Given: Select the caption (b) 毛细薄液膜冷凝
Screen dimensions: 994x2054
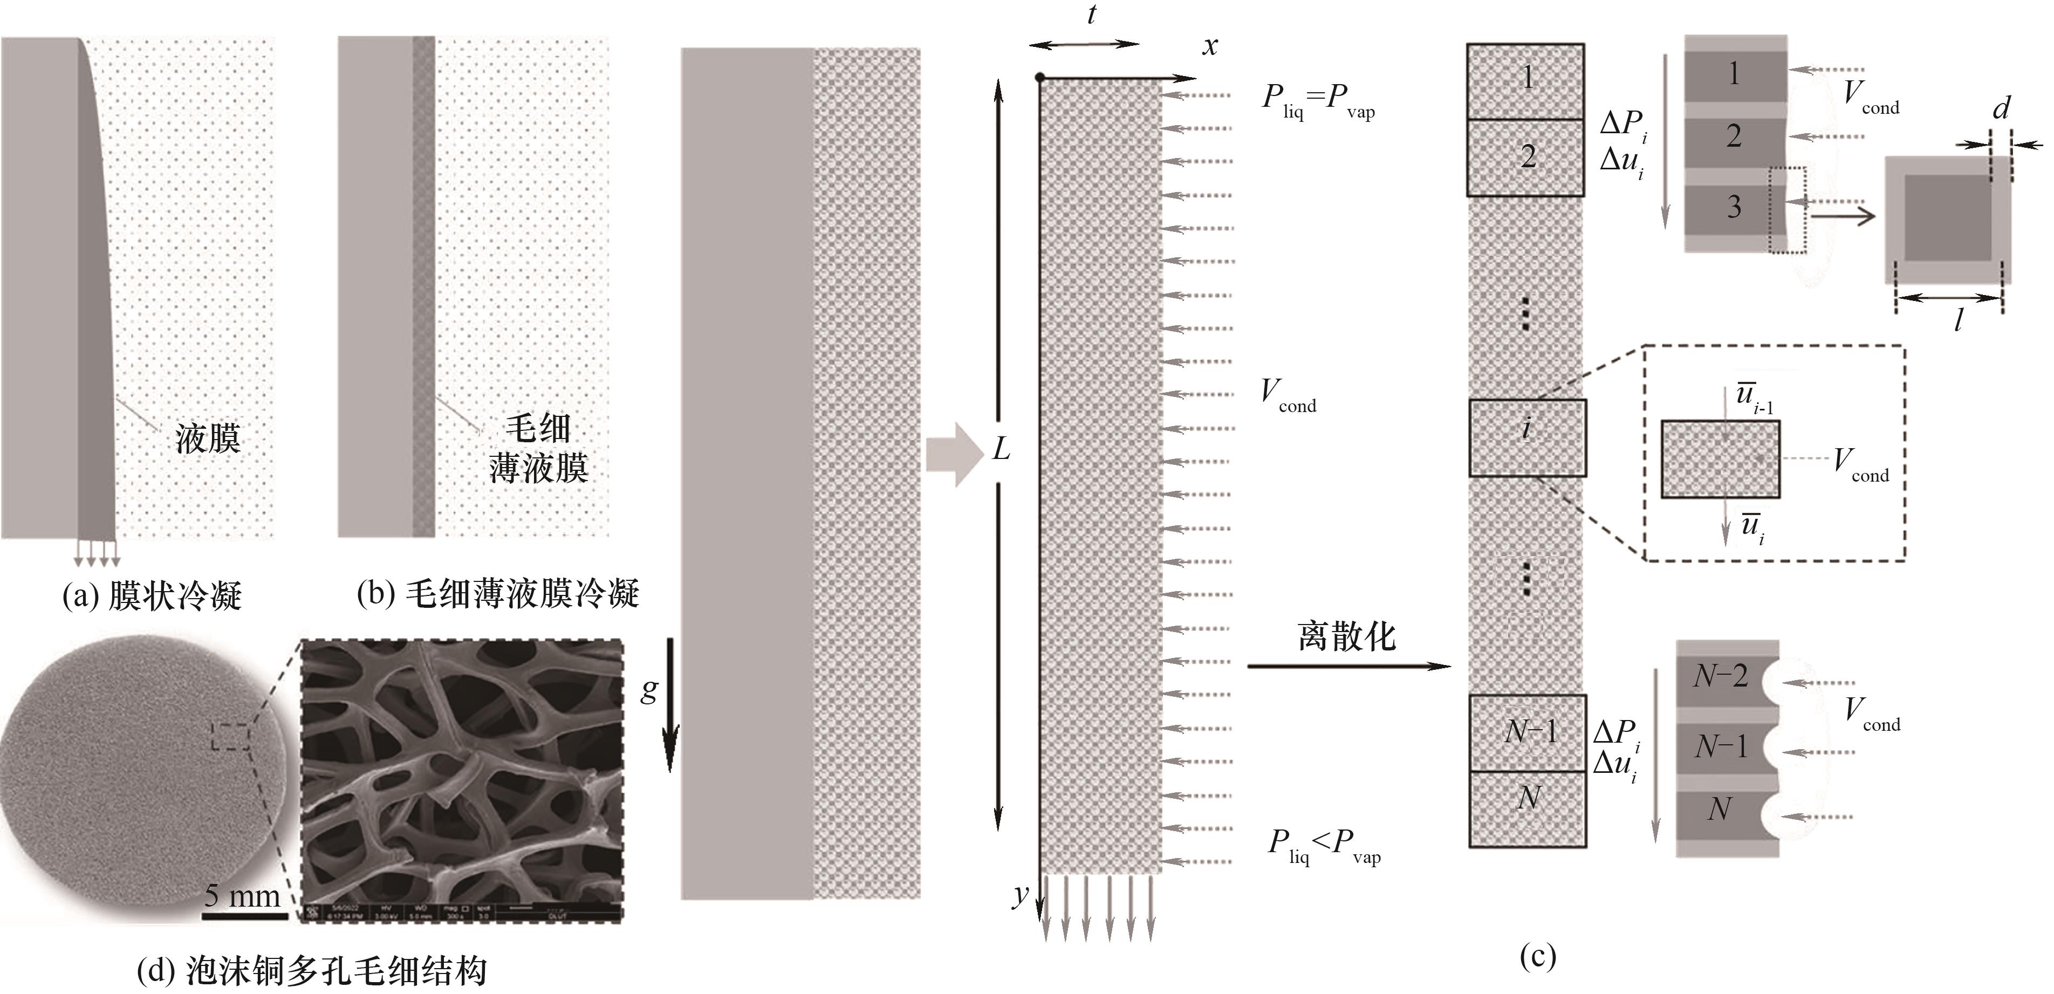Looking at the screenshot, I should click(497, 594).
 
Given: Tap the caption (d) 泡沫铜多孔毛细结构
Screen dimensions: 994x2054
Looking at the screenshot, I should click(312, 971).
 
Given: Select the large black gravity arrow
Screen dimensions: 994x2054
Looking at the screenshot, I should click(670, 705).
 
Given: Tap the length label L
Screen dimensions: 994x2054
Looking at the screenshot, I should click(1001, 450).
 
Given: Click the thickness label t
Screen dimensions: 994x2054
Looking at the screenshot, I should click(1092, 15).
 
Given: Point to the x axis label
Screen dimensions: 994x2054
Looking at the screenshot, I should click(1210, 46).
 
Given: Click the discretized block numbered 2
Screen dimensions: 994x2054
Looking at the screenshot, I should click(1525, 157).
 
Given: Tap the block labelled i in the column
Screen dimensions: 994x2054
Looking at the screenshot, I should click(1527, 437).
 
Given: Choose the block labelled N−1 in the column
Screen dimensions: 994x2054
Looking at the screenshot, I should click(1527, 732).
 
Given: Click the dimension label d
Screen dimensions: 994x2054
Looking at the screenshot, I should click(2001, 108).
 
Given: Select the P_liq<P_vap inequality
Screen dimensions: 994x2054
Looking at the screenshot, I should click(1324, 846).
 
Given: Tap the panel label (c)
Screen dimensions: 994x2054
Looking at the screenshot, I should click(1537, 956).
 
